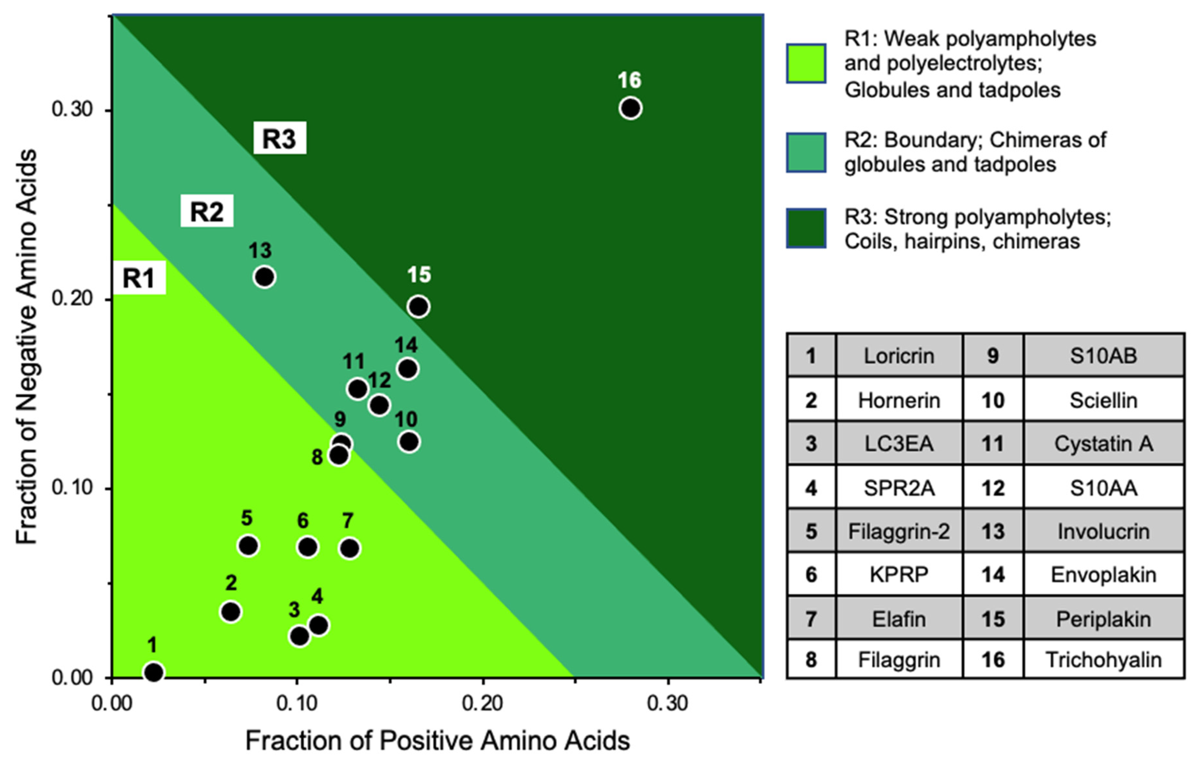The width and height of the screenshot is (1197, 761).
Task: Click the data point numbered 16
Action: tap(630, 108)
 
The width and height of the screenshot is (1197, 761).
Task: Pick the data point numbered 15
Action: tap(419, 306)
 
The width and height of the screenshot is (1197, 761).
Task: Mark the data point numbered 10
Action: tap(409, 441)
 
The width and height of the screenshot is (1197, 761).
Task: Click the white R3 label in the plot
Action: tap(279, 138)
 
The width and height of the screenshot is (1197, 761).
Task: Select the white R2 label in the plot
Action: tap(207, 211)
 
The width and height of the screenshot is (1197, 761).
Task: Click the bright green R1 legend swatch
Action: tap(806, 64)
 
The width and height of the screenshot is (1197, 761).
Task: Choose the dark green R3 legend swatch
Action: tap(806, 228)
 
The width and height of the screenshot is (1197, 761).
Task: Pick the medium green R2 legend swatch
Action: tap(806, 153)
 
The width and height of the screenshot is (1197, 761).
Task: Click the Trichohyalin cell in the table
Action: tap(1104, 660)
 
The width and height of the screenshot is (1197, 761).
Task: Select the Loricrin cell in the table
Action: tap(899, 356)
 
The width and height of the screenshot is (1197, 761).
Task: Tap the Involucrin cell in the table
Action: tap(1104, 531)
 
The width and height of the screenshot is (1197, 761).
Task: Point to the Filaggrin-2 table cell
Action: tap(899, 531)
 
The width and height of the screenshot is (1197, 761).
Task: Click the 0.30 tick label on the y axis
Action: tap(73, 109)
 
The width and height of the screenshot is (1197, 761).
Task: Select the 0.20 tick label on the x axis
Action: tap(482, 703)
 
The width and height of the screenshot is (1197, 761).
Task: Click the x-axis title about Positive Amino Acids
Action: tap(437, 741)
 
